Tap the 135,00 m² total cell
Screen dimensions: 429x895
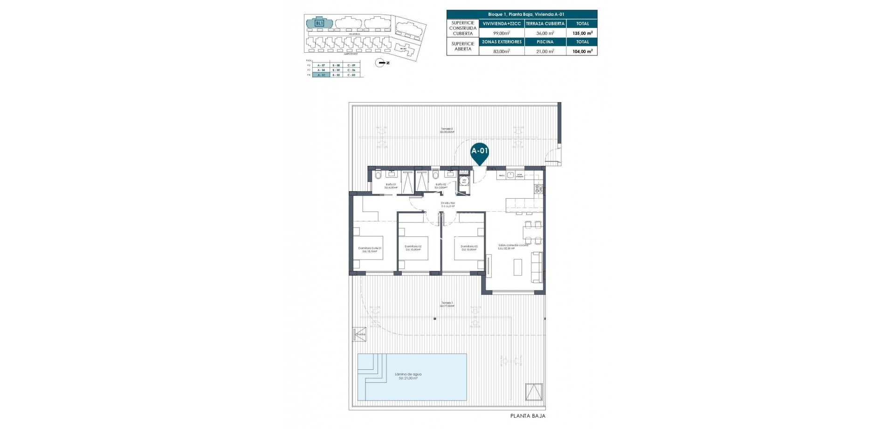(582, 33)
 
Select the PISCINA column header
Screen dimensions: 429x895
(545, 42)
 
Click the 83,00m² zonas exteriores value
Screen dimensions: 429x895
(501, 51)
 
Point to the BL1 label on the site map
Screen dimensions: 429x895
(319, 23)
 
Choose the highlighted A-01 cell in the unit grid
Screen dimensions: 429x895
(321, 75)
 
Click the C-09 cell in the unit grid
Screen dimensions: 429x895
(353, 65)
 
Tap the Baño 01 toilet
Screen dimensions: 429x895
(378, 175)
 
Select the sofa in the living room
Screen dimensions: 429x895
(537, 267)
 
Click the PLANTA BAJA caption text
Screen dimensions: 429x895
(528, 416)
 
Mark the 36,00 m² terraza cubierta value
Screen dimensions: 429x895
(545, 33)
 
